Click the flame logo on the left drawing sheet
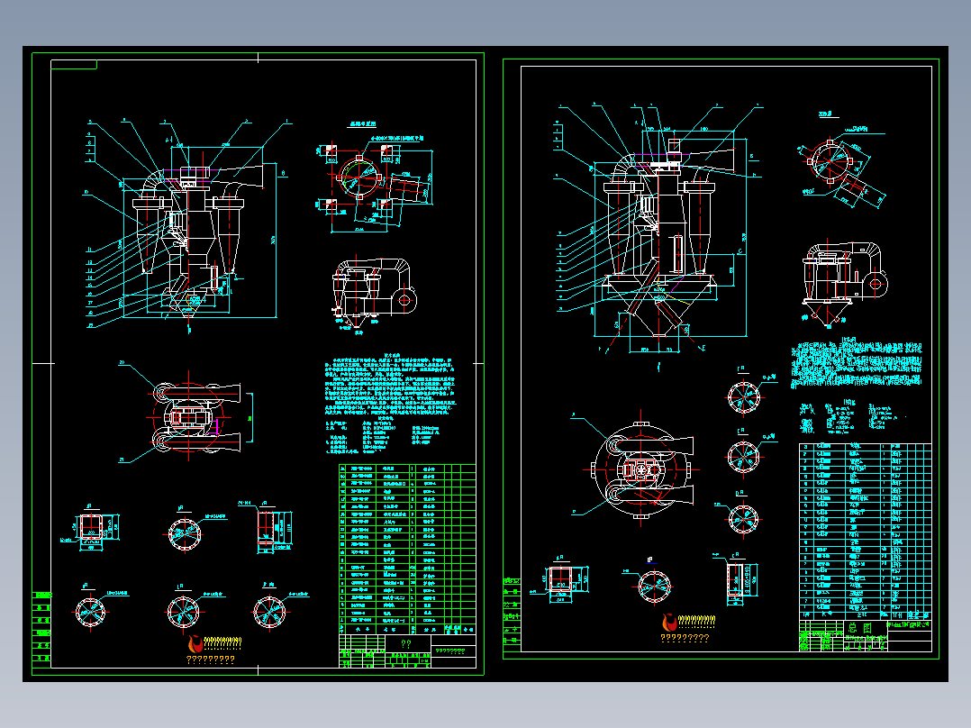click(195, 643)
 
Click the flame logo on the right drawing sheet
click(669, 623)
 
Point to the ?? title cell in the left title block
click(405, 644)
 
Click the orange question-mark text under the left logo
click(210, 660)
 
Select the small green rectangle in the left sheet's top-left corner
click(74, 64)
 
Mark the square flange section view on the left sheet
click(90, 528)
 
